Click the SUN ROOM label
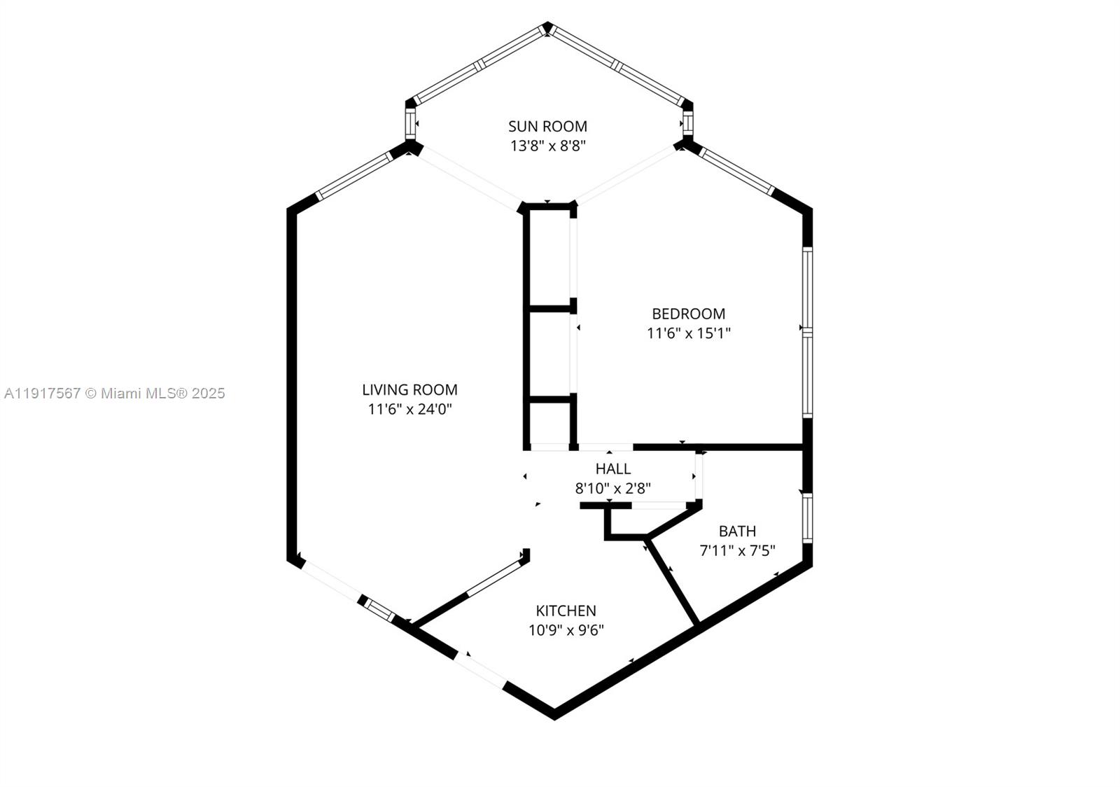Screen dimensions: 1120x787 coord(547,127)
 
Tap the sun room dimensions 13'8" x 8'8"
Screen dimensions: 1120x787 coord(547,146)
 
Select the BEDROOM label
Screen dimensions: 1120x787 coord(689,314)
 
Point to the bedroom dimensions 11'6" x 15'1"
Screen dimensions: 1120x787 coord(689,333)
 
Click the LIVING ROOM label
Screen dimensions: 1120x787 coord(409,390)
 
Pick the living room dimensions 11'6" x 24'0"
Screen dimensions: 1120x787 coord(409,410)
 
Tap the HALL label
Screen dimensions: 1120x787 coord(613,469)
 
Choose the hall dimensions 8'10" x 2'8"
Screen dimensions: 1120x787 coord(613,489)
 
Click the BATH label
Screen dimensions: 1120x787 coord(737,531)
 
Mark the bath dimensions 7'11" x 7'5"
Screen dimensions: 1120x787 coord(737,550)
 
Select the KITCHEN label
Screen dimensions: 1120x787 coord(566,611)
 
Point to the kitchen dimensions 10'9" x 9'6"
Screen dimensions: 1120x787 coord(566,630)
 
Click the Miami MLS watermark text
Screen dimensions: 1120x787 coord(115,393)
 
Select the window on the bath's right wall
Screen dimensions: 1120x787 coord(807,518)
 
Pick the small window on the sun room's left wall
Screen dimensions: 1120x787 coord(410,123)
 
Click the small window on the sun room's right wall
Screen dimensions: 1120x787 coord(688,123)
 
